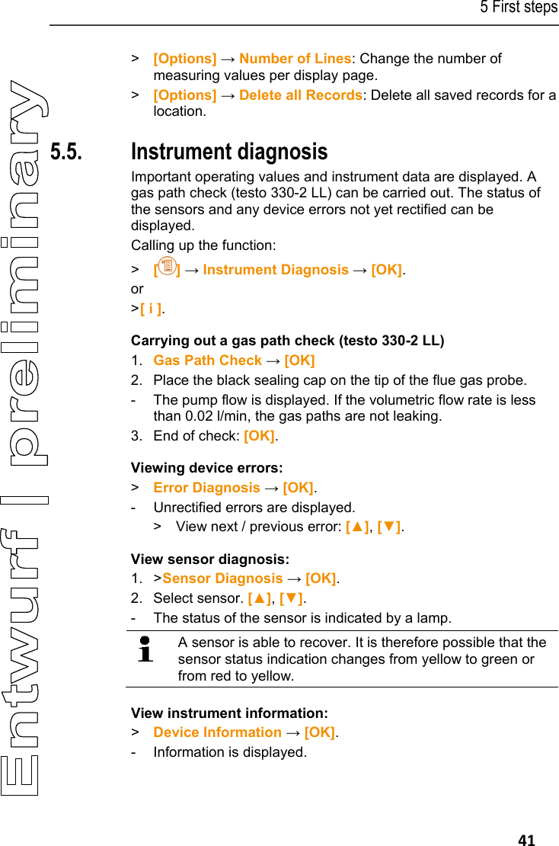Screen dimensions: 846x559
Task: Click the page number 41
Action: [526, 840]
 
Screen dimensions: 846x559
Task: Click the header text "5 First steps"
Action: [518, 8]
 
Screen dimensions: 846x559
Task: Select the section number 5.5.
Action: [66, 152]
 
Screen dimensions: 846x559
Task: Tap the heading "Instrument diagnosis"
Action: [229, 152]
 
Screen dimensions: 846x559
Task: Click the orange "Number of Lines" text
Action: [295, 59]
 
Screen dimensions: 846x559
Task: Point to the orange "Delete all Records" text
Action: [301, 95]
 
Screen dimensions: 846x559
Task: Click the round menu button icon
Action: [168, 268]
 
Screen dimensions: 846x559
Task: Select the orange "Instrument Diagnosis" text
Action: [276, 270]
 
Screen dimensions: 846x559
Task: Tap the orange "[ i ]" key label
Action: [150, 309]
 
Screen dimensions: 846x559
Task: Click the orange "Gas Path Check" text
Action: [207, 361]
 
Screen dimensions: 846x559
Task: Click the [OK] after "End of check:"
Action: [259, 437]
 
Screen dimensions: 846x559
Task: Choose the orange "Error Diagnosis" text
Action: [206, 488]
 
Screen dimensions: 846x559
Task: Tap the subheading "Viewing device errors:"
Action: [206, 468]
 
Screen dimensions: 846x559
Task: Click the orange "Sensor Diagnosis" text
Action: [222, 579]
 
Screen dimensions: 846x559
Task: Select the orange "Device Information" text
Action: [217, 732]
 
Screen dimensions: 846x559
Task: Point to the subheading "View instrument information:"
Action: [229, 713]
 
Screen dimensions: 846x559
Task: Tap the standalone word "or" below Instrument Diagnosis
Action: [137, 289]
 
